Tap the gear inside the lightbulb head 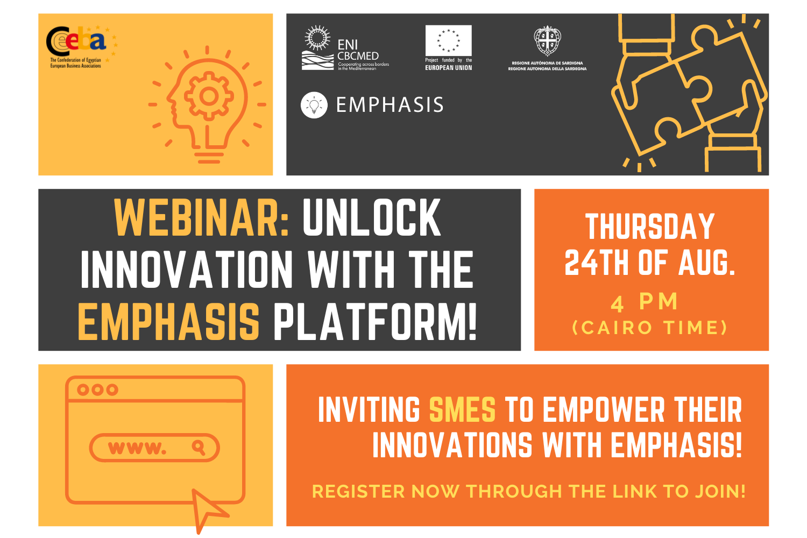point(209,96)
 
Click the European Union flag point(448,40)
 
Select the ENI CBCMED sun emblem point(317,38)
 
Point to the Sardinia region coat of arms point(547,40)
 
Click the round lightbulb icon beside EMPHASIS point(314,105)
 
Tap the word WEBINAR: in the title point(202,218)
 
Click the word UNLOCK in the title point(371,218)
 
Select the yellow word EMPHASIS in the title point(168,322)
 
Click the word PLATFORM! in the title point(375,322)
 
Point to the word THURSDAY point(650,226)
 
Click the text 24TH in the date point(598,263)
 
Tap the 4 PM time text point(645,302)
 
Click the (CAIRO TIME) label point(649,328)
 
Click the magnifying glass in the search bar point(199,448)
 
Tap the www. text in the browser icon point(137,448)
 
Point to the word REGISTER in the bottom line point(358,492)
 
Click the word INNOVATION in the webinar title point(187,270)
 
